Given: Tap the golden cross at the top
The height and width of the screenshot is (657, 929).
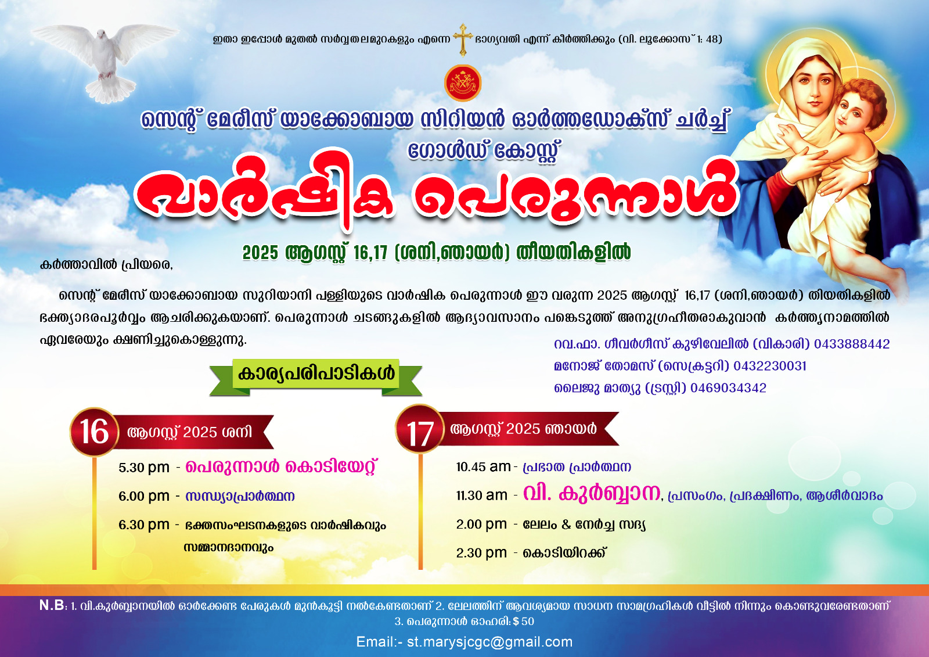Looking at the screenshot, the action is (x=463, y=40).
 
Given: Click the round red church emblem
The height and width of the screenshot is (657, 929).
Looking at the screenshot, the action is (x=462, y=83).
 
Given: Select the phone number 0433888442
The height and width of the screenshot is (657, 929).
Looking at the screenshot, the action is (x=852, y=344).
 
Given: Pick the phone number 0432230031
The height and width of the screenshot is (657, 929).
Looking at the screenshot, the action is (x=770, y=366).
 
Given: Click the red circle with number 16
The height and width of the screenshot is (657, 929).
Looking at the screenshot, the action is (x=95, y=432).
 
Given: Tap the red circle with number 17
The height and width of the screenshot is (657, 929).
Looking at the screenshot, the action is (x=420, y=429).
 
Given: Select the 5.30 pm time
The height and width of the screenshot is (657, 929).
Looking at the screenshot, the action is (x=144, y=468).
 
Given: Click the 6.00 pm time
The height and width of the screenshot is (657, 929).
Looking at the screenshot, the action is (x=144, y=497).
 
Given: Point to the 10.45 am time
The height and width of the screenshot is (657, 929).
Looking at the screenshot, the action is (x=483, y=467).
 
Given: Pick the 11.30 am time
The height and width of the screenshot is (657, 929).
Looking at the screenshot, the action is (x=481, y=496).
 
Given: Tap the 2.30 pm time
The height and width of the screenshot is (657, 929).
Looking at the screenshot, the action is (x=481, y=553).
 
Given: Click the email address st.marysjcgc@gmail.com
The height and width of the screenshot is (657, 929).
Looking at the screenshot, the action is (x=489, y=642).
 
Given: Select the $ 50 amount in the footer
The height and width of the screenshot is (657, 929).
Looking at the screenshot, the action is (x=523, y=622).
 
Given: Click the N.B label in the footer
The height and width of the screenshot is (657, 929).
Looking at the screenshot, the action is (x=52, y=605).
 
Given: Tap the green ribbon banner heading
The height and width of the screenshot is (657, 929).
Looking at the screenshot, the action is (x=316, y=376).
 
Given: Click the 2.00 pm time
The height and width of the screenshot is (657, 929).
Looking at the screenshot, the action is (x=481, y=525).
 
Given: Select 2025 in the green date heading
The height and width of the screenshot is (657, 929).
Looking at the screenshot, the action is (x=260, y=253).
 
